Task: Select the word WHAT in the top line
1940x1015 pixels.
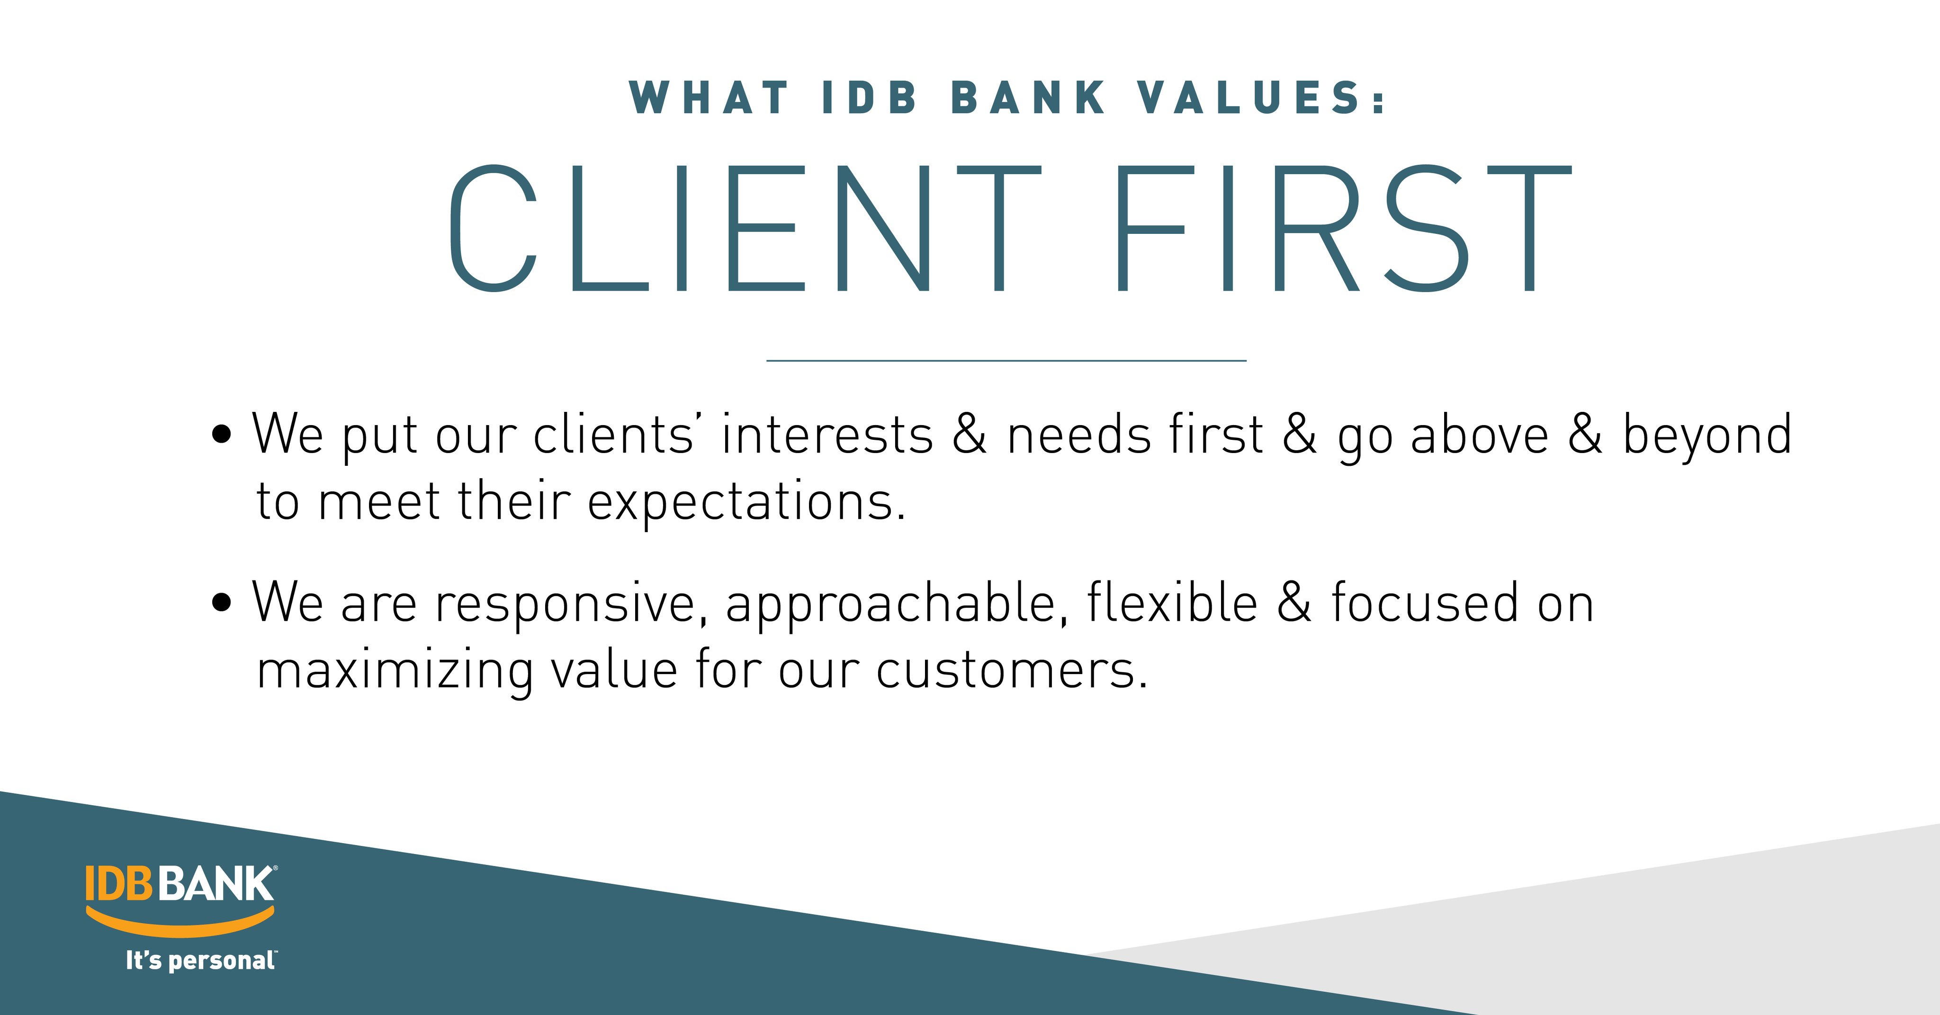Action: [709, 98]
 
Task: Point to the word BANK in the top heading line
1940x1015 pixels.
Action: [1028, 98]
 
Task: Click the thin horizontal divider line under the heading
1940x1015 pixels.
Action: [1006, 361]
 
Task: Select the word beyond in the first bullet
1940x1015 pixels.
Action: [1706, 436]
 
